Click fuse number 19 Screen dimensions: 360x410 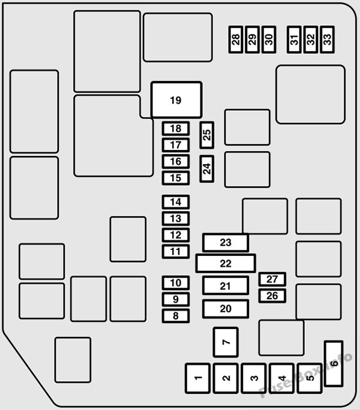[x=176, y=100]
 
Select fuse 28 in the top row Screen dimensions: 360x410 [x=236, y=40]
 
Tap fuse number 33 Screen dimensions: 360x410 [x=327, y=40]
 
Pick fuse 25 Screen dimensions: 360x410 [x=207, y=135]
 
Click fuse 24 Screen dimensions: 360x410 [x=207, y=168]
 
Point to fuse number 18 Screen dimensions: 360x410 [x=176, y=129]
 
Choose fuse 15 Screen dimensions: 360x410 [x=176, y=178]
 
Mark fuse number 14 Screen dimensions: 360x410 [x=176, y=202]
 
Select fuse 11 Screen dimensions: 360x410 [x=176, y=252]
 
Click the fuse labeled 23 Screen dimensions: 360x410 [x=226, y=243]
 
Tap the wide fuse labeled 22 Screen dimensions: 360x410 [x=226, y=263]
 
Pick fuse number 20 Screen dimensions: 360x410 [x=226, y=309]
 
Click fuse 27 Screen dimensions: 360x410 [x=272, y=279]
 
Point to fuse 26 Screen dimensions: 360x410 [x=272, y=296]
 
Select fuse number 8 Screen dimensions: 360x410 [x=176, y=316]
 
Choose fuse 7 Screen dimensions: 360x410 [x=226, y=342]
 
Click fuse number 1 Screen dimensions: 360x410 [x=197, y=378]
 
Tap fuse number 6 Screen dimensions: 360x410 [x=334, y=364]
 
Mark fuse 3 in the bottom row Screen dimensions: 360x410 [x=254, y=378]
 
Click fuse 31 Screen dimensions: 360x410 [x=294, y=40]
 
